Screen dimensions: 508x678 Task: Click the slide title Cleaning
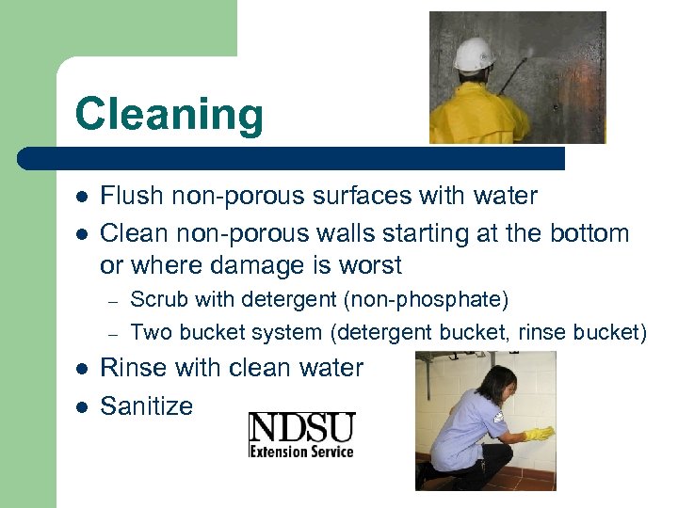coord(169,115)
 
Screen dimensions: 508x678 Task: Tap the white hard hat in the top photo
coord(474,55)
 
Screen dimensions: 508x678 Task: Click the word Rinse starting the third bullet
coord(130,368)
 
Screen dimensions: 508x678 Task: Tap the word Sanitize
coord(147,406)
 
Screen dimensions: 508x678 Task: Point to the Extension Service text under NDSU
coord(301,451)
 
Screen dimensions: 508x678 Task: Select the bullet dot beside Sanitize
coord(82,406)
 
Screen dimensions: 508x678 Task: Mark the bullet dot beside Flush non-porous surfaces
coord(82,198)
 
